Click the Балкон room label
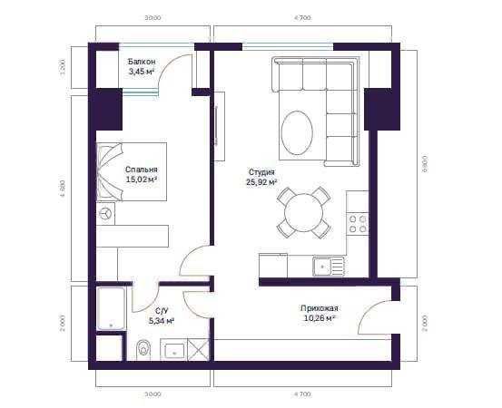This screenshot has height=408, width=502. click(142, 61)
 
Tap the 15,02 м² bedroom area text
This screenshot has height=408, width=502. click(142, 180)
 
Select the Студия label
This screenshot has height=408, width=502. click(261, 170)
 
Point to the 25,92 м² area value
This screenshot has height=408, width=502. click(261, 181)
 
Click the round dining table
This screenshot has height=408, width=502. click(303, 212)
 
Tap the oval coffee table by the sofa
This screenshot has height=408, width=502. click(298, 133)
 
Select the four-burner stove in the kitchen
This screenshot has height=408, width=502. click(359, 223)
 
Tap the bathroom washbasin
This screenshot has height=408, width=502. click(173, 349)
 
